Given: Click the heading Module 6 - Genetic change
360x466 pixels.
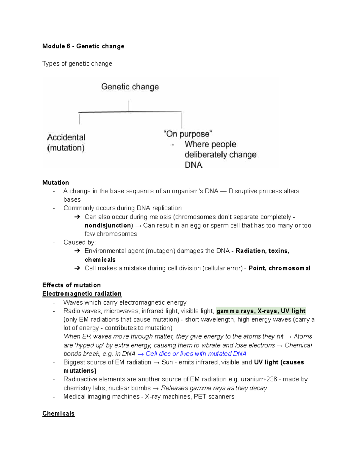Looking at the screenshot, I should (x=83, y=46).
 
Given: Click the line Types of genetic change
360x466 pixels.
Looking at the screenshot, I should (x=77, y=64).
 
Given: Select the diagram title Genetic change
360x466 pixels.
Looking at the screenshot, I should (x=130, y=87).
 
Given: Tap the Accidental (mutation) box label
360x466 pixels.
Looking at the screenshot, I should (x=66, y=143).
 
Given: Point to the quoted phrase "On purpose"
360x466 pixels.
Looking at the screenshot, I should (x=187, y=134).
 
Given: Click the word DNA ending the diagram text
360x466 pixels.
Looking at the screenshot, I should (x=193, y=165).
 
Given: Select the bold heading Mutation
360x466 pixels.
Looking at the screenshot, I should (x=55, y=183).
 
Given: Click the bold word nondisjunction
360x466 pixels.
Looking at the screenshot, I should (x=108, y=225).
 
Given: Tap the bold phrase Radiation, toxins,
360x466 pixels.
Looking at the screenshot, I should (x=262, y=251).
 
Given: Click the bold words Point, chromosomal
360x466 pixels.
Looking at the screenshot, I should (x=279, y=268).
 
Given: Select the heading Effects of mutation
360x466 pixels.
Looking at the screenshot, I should (x=71, y=285).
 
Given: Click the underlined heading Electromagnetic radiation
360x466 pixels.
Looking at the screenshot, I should (x=82, y=294).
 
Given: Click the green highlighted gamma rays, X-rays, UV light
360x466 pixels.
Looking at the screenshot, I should (x=261, y=311).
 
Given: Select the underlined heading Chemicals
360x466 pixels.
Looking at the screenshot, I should (x=58, y=413).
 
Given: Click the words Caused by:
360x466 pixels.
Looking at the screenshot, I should (x=79, y=242).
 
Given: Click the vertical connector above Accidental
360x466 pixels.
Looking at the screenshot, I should (x=80, y=119).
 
